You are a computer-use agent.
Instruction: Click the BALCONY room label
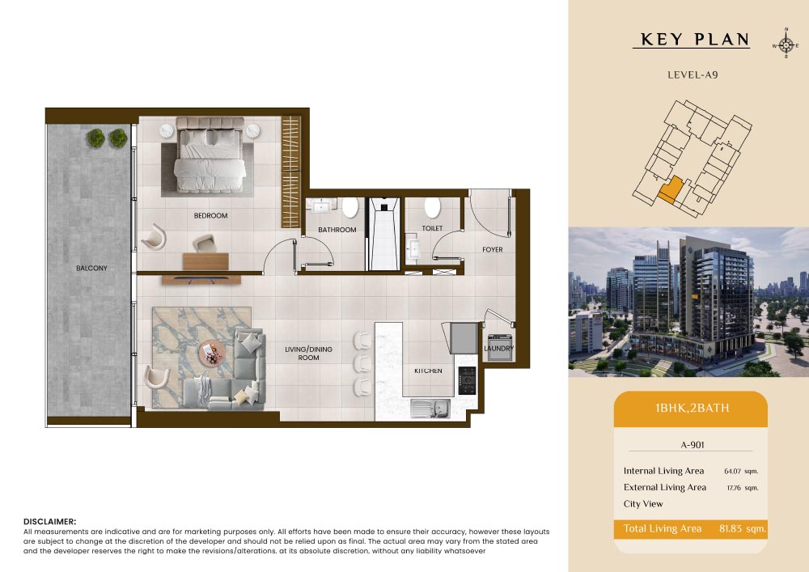point(92,269)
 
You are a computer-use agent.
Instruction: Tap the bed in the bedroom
point(210,155)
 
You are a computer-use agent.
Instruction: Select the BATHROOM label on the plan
point(337,230)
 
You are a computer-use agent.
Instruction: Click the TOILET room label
point(432,228)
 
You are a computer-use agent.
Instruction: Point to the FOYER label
point(492,250)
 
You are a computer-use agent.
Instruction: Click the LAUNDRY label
point(499,348)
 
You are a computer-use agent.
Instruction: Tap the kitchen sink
point(430,409)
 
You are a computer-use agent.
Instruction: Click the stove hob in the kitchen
point(467,380)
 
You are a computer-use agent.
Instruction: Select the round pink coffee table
point(212,354)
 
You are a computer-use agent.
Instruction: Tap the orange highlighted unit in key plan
point(671,190)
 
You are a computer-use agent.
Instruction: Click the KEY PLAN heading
point(694,40)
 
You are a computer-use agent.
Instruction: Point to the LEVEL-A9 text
point(693,74)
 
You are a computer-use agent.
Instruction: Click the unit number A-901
point(693,445)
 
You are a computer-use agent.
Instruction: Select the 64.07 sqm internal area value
point(741,471)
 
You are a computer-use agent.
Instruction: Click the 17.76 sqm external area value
point(743,487)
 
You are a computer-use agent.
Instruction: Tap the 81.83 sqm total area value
point(743,528)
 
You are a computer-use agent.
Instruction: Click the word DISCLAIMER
point(49,522)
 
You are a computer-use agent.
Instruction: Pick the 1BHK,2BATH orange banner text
point(692,408)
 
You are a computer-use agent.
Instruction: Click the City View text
point(643,504)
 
